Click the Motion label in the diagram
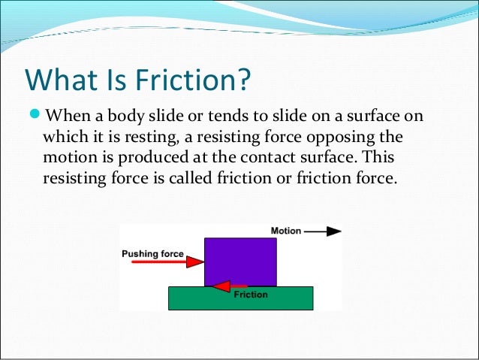point(285,231)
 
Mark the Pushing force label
point(152,253)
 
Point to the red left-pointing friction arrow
point(230,286)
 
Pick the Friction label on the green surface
point(250,295)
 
